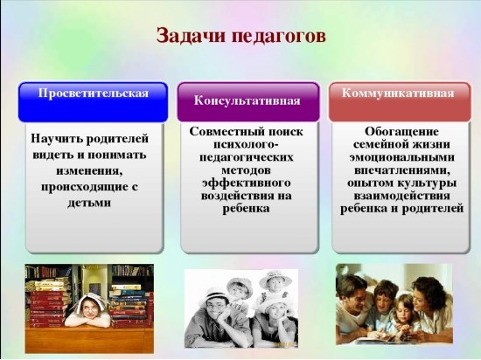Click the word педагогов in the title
(x=278, y=37)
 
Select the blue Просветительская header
(x=93, y=102)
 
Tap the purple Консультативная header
(x=248, y=102)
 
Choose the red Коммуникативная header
(x=400, y=102)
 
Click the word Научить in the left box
(x=57, y=139)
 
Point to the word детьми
(x=89, y=203)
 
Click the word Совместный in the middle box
(x=227, y=132)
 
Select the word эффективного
(x=247, y=183)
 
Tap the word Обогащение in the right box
(x=401, y=132)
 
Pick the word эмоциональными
(x=402, y=157)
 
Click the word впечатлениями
(x=402, y=170)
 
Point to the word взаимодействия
(x=402, y=196)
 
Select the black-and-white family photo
(x=241, y=308)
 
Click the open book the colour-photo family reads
(x=380, y=340)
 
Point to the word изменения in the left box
(x=89, y=170)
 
